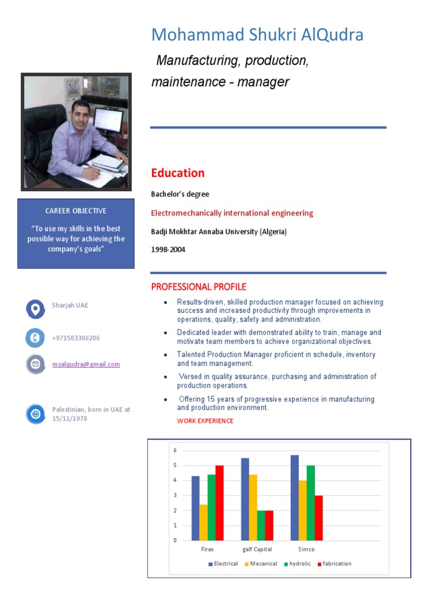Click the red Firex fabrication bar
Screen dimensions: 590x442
(x=219, y=502)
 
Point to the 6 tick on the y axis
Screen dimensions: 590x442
(x=175, y=451)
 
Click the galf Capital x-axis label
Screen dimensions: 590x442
(x=257, y=549)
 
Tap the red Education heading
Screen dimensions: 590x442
(x=178, y=173)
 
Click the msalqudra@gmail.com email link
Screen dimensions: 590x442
(x=86, y=364)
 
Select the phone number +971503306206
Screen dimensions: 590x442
(x=76, y=338)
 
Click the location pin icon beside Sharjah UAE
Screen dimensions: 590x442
(x=35, y=309)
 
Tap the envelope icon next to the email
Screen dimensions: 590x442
(x=35, y=364)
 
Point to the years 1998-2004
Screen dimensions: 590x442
(x=168, y=250)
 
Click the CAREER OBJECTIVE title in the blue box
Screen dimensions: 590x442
(x=76, y=211)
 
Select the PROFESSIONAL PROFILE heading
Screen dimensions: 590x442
(x=199, y=287)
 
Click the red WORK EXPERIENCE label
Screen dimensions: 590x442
(x=205, y=421)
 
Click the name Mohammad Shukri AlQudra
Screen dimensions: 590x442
(x=257, y=35)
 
